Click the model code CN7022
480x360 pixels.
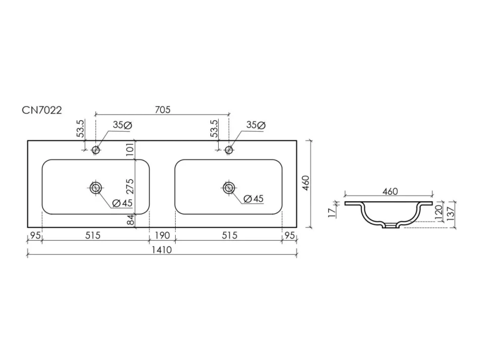click(42, 110)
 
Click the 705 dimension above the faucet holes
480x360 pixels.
click(162, 109)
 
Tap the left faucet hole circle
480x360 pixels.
click(96, 150)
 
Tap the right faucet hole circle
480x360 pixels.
click(229, 150)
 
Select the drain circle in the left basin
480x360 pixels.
click(96, 188)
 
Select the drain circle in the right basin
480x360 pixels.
click(229, 188)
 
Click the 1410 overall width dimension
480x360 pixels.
click(162, 250)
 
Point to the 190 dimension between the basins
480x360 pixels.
click(162, 235)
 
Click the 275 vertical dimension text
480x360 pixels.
click(130, 186)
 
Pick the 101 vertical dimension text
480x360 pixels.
click(130, 149)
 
